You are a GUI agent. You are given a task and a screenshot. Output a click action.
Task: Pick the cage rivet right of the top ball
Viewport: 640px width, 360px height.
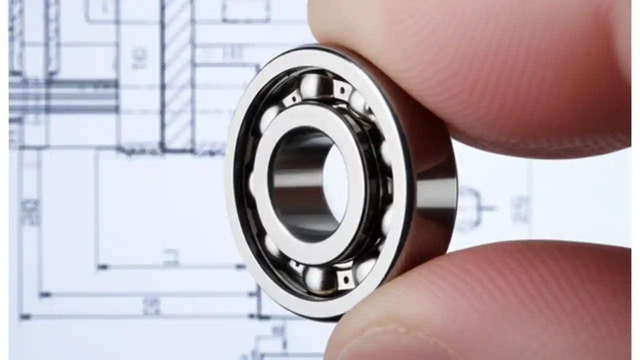[x=342, y=90]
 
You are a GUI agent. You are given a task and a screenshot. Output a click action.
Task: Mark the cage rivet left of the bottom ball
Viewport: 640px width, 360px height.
[x=295, y=268]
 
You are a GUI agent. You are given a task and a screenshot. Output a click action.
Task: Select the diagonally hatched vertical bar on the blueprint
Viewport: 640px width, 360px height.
[x=177, y=75]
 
